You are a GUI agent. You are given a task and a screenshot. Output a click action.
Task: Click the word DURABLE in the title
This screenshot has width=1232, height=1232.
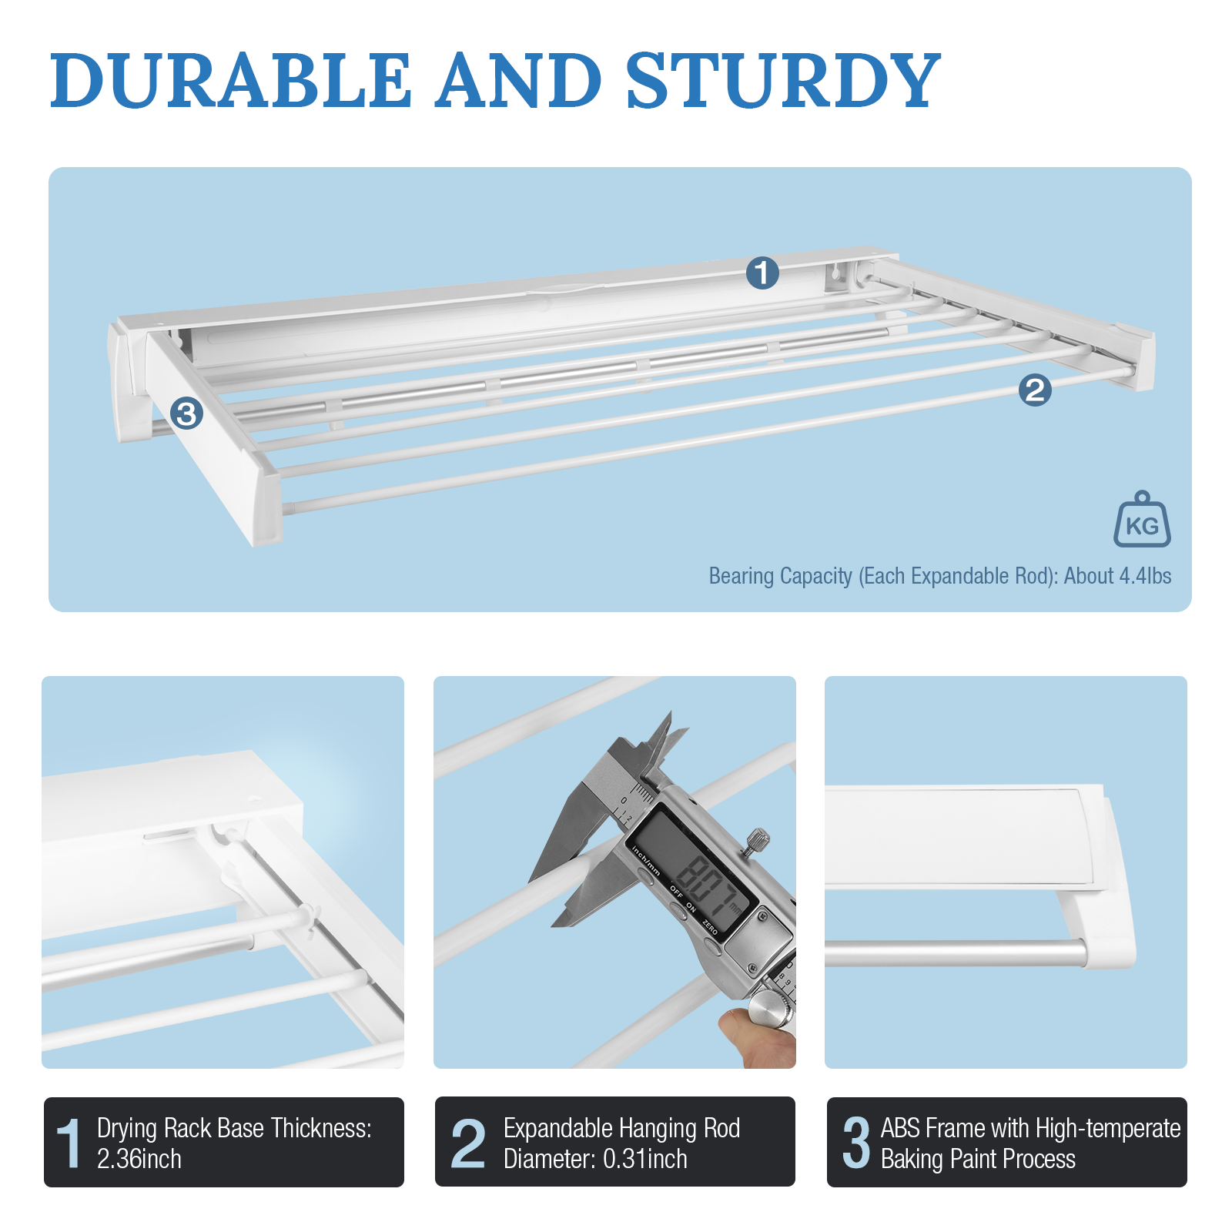click(231, 81)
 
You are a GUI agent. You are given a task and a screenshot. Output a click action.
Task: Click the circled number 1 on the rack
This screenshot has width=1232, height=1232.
click(762, 273)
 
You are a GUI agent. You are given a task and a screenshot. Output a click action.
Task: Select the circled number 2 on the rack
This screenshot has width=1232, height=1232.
click(1035, 390)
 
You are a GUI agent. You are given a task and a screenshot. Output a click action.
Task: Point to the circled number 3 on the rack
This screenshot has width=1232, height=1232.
click(186, 414)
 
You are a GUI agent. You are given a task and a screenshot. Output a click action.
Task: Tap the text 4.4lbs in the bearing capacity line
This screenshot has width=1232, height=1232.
click(1145, 576)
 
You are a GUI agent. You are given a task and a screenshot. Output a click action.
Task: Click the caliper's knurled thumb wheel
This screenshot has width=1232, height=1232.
click(770, 1009)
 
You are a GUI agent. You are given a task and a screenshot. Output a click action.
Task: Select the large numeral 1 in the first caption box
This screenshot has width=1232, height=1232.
click(69, 1143)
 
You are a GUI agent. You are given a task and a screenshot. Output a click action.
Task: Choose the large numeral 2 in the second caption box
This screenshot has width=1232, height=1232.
click(468, 1143)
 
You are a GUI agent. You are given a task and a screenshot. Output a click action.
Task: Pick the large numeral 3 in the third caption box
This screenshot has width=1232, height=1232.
click(856, 1143)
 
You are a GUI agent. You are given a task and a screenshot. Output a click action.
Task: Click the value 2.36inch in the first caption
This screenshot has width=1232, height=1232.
click(139, 1159)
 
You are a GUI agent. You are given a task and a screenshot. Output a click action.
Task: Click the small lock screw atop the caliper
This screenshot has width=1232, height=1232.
click(757, 839)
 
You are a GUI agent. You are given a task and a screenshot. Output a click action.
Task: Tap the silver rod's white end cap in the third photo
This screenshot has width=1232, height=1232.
click(1109, 952)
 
